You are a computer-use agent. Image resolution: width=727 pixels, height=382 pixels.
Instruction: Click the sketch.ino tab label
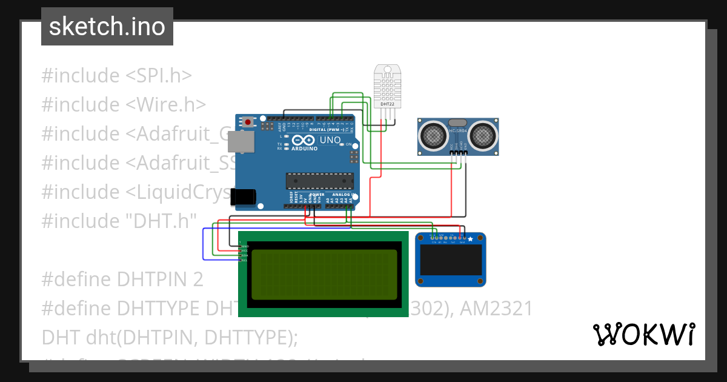click(107, 27)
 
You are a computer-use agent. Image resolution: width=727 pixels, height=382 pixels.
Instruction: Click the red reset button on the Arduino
click(248, 122)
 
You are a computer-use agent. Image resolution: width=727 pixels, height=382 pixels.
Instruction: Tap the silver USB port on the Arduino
click(239, 141)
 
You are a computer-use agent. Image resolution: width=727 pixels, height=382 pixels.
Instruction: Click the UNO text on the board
click(330, 139)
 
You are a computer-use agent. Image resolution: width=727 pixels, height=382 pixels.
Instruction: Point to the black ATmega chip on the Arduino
click(319, 181)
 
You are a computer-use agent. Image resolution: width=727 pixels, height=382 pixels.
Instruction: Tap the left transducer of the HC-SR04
click(434, 135)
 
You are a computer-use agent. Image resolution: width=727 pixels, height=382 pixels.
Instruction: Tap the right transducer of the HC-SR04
click(483, 135)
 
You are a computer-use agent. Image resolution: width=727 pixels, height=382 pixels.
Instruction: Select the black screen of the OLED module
click(451, 260)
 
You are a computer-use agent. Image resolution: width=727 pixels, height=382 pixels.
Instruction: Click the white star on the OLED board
click(470, 239)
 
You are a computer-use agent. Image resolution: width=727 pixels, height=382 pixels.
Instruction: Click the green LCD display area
click(324, 274)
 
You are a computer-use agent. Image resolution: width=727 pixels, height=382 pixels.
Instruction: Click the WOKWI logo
click(643, 334)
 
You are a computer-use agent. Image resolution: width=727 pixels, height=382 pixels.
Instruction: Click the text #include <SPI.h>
click(116, 76)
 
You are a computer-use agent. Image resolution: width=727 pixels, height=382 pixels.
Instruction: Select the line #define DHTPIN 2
click(122, 280)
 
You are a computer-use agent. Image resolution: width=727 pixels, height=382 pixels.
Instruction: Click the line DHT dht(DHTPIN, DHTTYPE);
click(170, 338)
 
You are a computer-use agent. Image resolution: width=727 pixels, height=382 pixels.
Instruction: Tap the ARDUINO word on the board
click(305, 149)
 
